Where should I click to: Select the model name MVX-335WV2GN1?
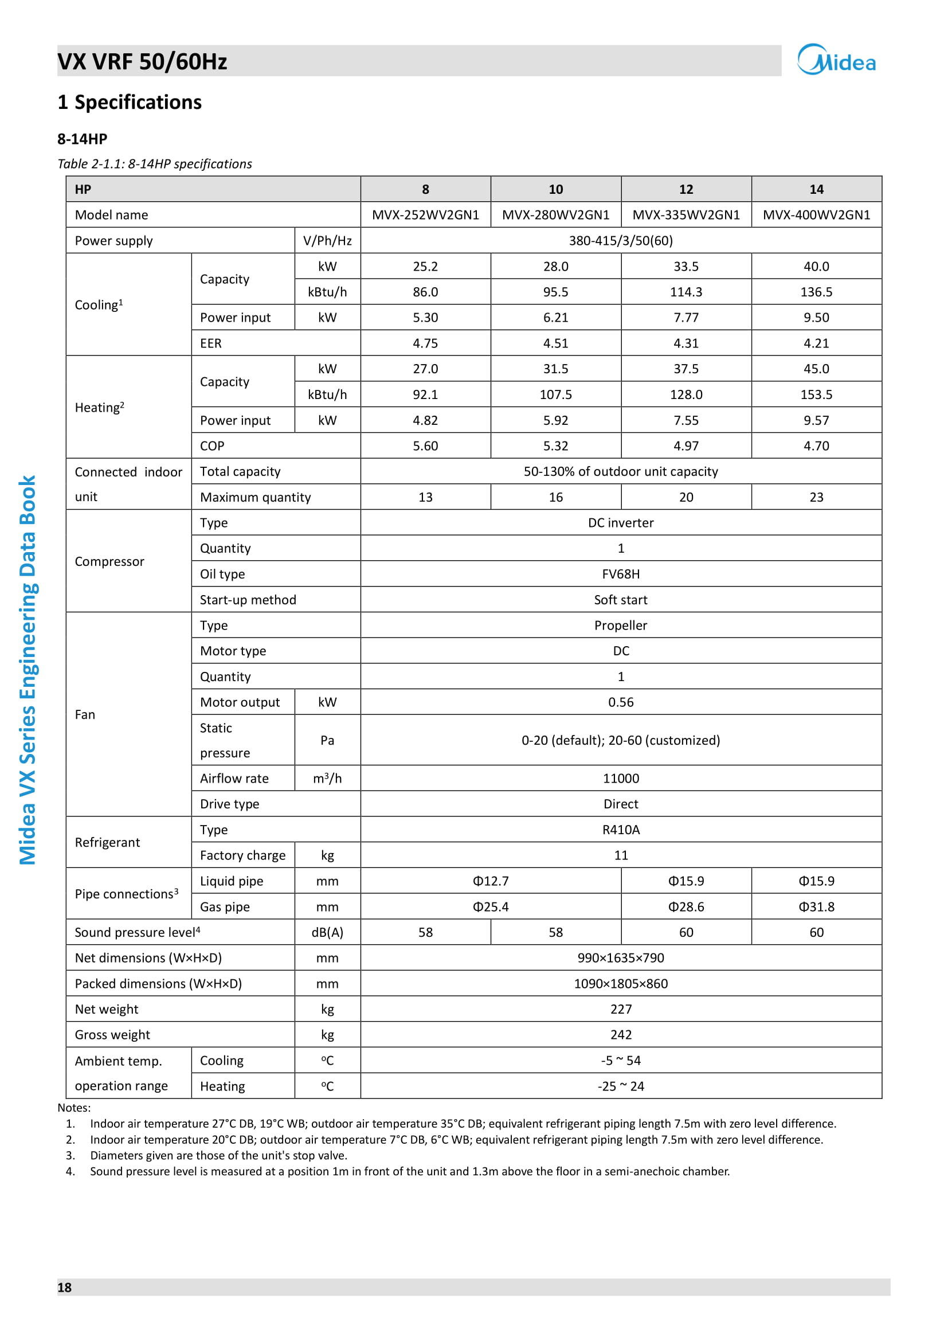(x=686, y=215)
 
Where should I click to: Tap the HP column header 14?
(x=816, y=189)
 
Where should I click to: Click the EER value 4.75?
(x=425, y=343)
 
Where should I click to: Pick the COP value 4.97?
(x=686, y=446)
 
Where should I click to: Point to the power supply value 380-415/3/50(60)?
(x=621, y=241)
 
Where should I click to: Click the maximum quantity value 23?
(x=816, y=497)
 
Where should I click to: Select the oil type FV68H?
(x=621, y=574)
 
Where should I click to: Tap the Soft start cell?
(x=621, y=600)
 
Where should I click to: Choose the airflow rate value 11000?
(x=621, y=779)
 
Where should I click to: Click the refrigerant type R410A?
(x=621, y=830)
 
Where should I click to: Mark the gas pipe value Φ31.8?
(x=816, y=907)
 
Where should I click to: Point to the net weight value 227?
(x=621, y=1009)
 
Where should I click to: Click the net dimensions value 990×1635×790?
(x=621, y=958)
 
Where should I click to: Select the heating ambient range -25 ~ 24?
(x=621, y=1086)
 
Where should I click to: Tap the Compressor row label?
(x=109, y=561)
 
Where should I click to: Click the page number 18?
(x=64, y=1287)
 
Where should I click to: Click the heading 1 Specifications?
(x=130, y=102)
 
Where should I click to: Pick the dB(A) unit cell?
(x=327, y=933)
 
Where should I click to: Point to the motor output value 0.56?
(x=621, y=702)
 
